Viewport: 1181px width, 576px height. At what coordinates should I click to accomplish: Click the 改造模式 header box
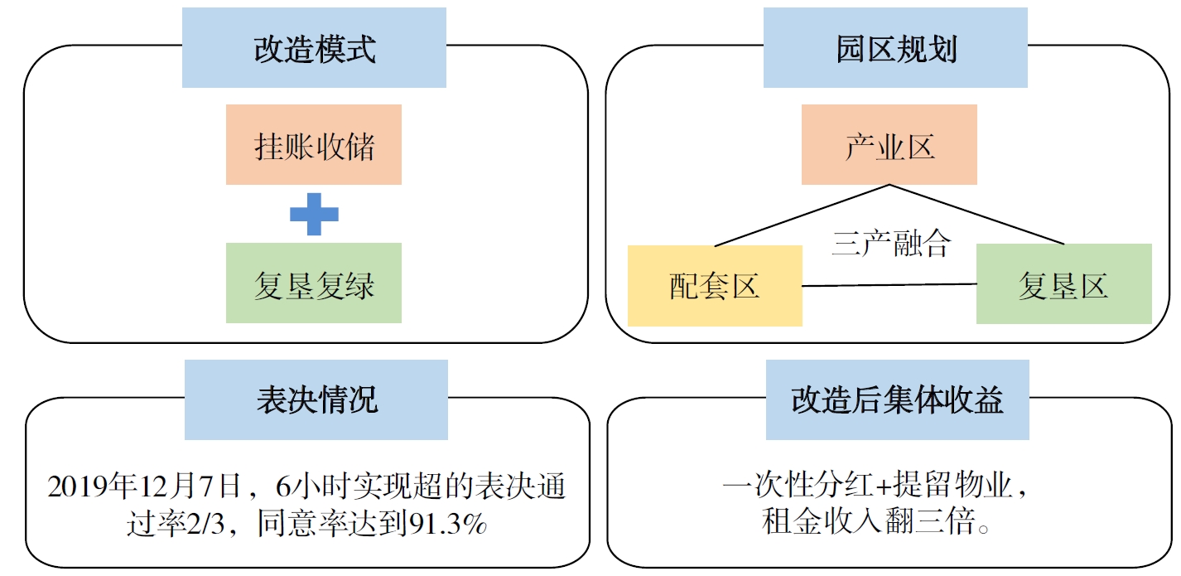pos(314,48)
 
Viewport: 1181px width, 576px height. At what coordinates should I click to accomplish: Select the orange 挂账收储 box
pos(314,145)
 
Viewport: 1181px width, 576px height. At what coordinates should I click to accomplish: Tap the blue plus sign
pos(314,214)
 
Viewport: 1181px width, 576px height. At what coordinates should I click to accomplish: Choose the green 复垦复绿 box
pos(314,283)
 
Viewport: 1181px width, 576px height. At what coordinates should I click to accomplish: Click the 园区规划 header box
pos(895,48)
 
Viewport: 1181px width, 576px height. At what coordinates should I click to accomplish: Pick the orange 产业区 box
pos(889,145)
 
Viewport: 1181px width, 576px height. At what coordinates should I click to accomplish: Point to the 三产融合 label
pos(890,244)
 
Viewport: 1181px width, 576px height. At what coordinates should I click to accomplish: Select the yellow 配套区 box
pos(715,286)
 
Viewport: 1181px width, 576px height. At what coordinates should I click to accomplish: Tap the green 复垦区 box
pos(1063,283)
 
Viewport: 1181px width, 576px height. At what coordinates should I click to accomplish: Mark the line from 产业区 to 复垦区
pos(977,215)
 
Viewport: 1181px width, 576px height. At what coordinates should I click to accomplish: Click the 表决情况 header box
pos(316,399)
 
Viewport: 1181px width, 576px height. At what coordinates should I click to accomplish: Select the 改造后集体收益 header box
pos(897,399)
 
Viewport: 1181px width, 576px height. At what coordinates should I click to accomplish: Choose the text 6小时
pos(306,486)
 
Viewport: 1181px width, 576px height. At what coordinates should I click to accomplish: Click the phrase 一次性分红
pos(793,486)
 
